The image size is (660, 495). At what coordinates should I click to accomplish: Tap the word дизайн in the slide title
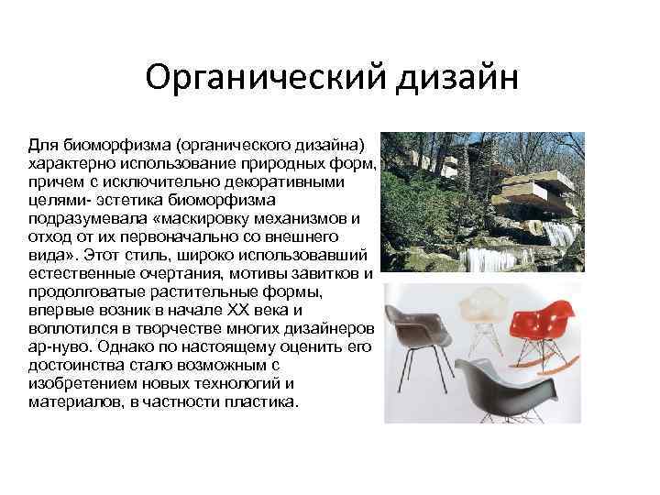tap(456, 80)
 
